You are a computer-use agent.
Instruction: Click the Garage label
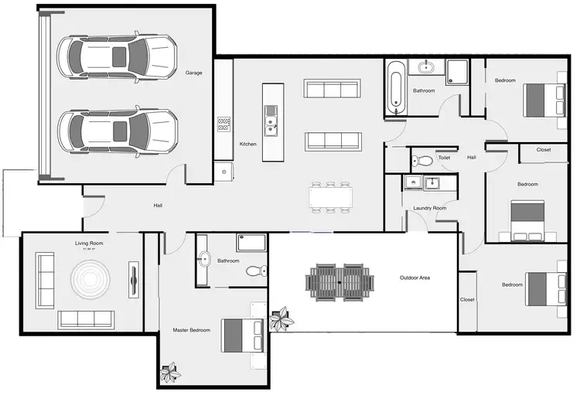(193, 73)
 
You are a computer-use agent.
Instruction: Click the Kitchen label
(247, 144)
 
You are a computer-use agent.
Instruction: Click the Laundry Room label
(430, 208)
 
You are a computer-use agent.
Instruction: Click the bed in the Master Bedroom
(243, 335)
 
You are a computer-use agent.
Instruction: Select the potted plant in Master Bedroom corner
(169, 374)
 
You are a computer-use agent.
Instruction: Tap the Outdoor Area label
(415, 278)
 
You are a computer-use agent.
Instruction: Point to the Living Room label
(89, 243)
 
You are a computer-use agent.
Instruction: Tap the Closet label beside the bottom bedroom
(467, 299)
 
